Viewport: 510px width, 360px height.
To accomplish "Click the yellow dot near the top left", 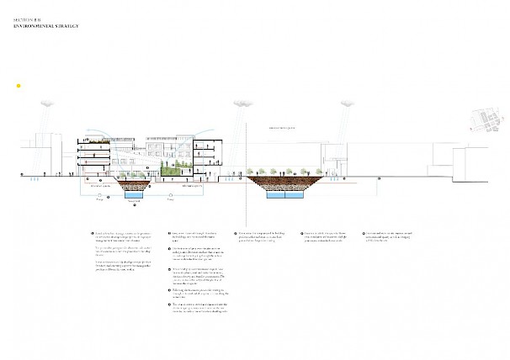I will [19, 86].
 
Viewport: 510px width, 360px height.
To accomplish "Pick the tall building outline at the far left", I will [46, 151].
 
